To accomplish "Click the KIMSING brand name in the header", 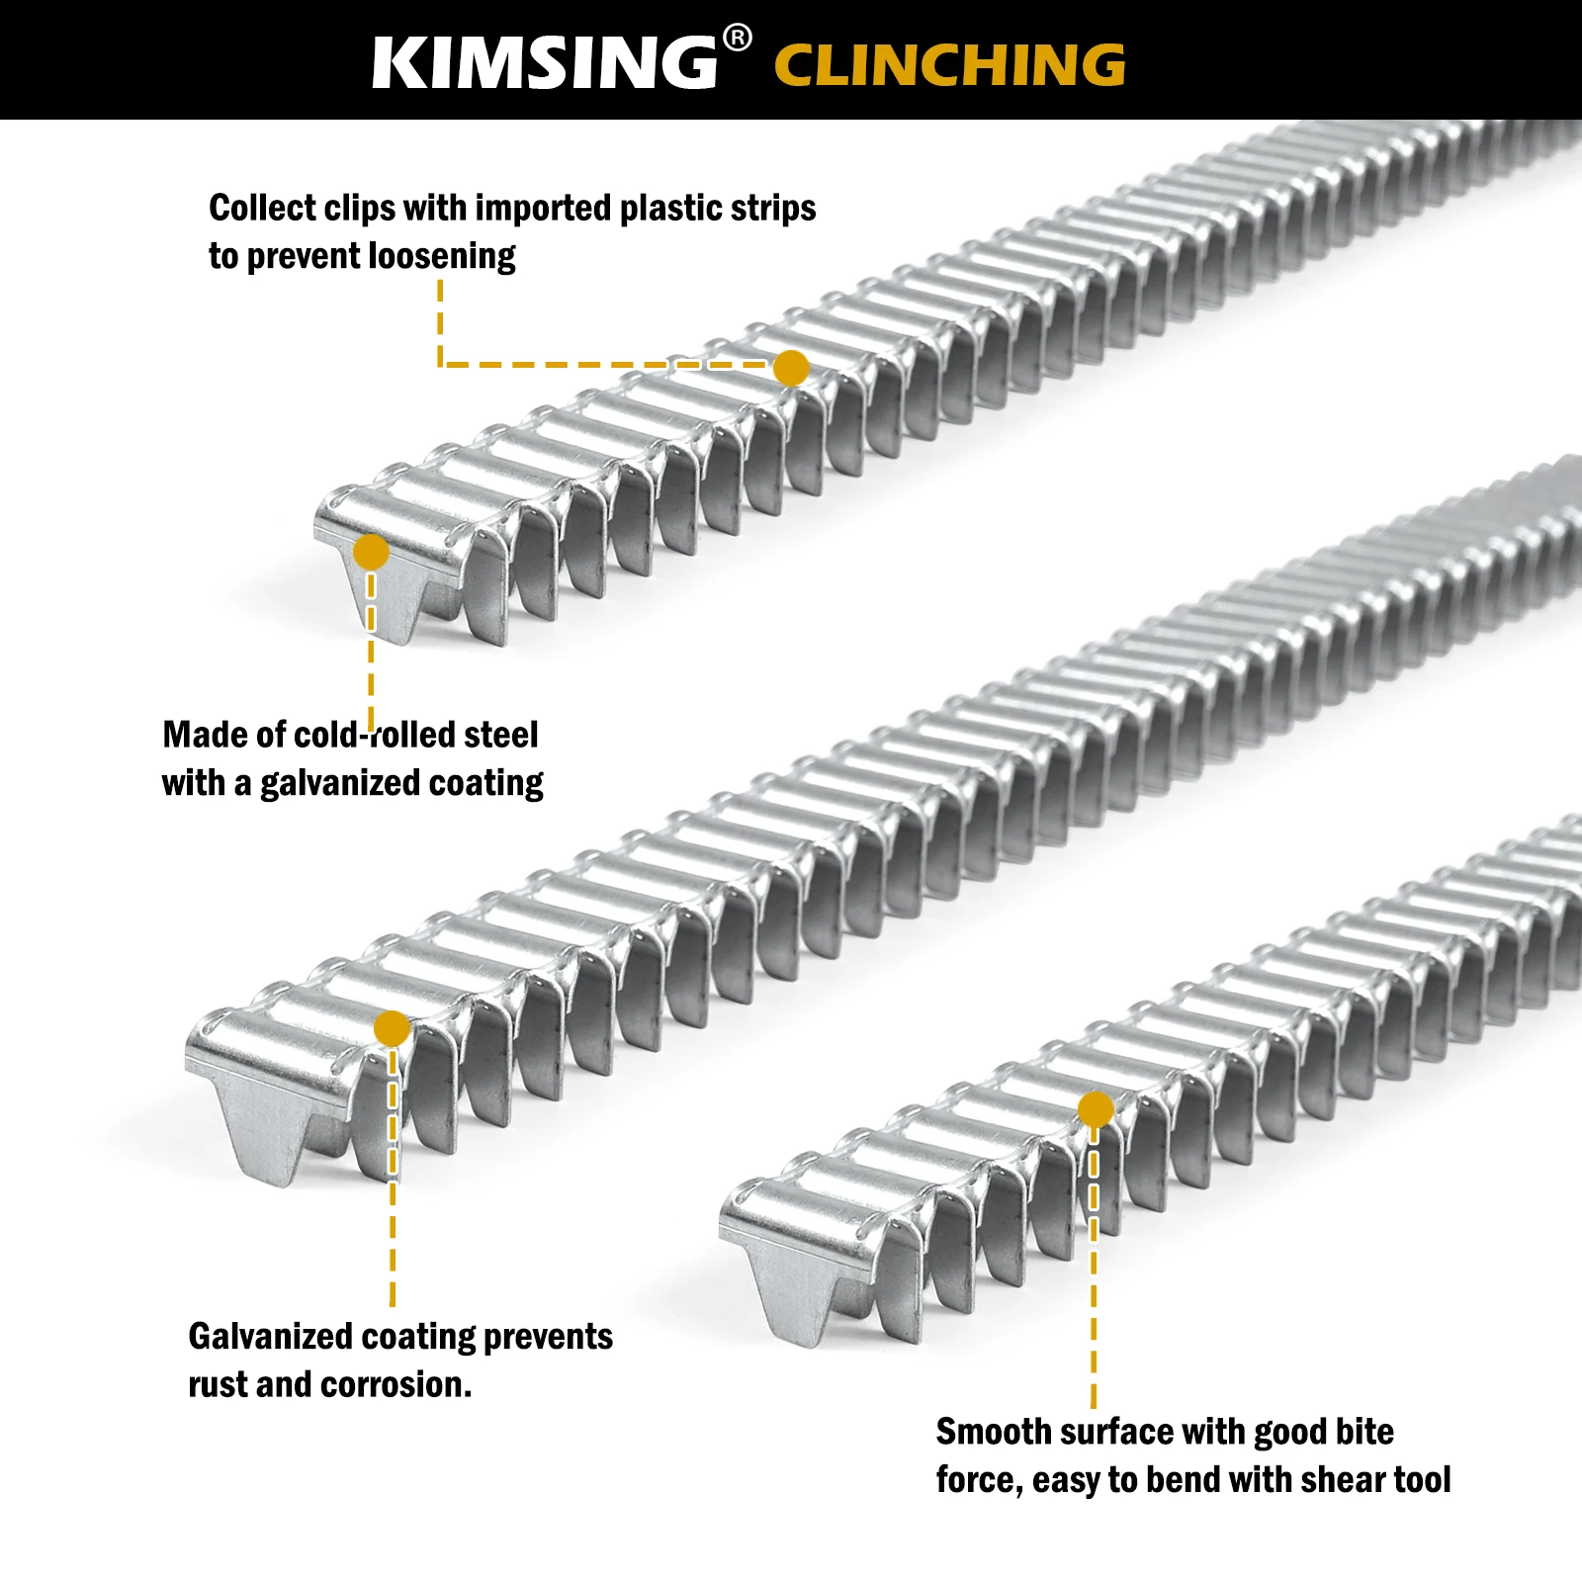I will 545,63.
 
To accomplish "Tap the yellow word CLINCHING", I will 949,65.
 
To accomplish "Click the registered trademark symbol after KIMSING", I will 737,39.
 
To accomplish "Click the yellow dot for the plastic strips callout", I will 791,368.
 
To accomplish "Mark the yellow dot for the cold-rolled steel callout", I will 371,552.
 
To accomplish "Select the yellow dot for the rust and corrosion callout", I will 393,1028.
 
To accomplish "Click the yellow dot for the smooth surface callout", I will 1096,1109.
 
